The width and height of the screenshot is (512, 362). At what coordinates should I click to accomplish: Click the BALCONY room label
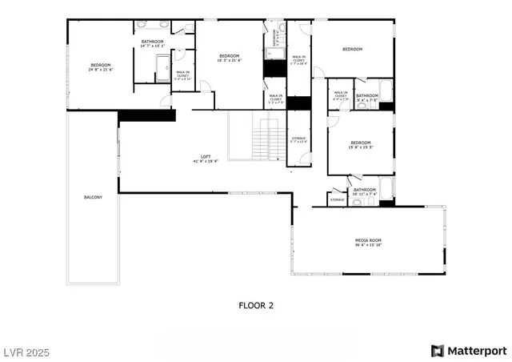93,197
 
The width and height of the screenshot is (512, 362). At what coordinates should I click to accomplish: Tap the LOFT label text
206,156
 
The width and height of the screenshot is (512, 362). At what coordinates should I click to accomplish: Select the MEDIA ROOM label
368,240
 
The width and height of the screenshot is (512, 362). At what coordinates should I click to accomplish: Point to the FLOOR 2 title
256,305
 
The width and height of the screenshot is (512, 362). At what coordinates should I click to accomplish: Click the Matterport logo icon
437,351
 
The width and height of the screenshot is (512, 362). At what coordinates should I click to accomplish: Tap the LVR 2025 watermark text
27,351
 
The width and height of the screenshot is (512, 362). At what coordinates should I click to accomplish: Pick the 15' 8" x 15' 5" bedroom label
360,144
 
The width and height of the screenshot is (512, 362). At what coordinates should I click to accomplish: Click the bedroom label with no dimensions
352,50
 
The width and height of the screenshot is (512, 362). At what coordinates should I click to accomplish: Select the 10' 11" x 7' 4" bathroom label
365,191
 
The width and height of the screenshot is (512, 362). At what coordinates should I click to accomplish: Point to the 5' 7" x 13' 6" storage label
298,140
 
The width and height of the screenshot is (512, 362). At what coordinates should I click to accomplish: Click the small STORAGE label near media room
338,199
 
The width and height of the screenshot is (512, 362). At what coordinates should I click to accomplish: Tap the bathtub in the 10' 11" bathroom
386,188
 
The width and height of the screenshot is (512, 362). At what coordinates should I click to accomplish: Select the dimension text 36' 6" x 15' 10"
368,245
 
